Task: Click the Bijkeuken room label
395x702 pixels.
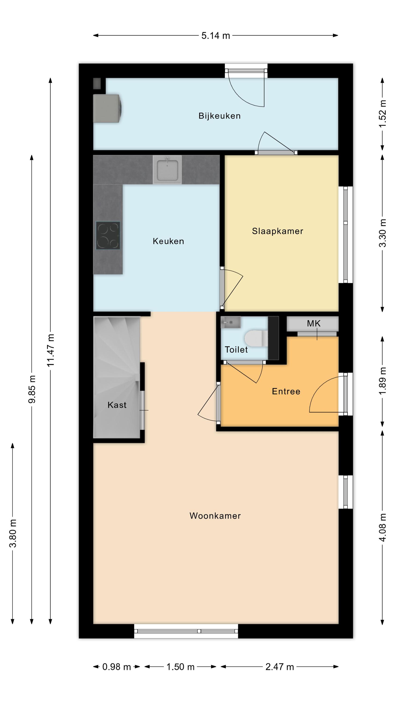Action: (219, 116)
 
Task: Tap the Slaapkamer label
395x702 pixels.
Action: (277, 231)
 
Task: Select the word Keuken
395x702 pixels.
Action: (168, 241)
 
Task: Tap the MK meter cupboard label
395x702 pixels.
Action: (314, 323)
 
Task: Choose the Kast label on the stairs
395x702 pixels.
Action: (117, 405)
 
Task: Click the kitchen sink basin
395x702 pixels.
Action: (167, 169)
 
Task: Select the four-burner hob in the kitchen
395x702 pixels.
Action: (108, 235)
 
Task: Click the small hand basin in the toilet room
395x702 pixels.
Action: (230, 322)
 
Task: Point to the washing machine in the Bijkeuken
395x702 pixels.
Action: (107, 109)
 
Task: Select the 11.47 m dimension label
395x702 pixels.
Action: (51, 350)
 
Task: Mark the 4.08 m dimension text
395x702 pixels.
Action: (382, 527)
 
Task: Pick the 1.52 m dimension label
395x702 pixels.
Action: (382, 113)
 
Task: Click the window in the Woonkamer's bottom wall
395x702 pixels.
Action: (186, 631)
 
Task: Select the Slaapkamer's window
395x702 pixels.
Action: (345, 235)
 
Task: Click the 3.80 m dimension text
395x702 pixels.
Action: (13, 533)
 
